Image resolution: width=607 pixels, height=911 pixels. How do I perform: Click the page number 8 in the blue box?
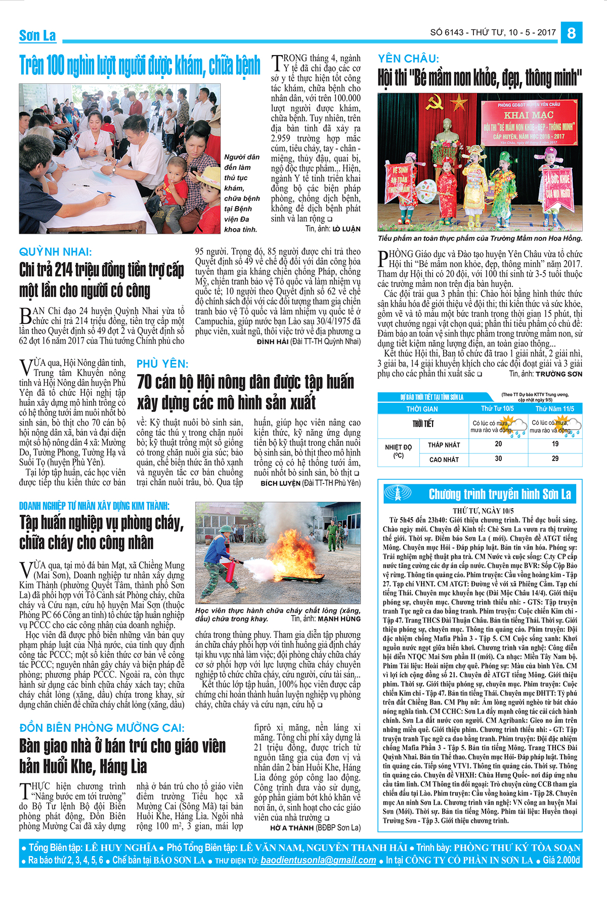tap(571, 33)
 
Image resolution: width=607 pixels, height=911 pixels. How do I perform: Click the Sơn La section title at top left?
tap(37, 35)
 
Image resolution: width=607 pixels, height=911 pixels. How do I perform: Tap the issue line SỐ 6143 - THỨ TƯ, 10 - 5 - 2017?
tap(493, 32)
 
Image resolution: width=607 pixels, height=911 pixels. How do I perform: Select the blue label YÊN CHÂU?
tap(409, 59)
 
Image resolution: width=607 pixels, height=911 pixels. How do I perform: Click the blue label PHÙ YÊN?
tap(162, 364)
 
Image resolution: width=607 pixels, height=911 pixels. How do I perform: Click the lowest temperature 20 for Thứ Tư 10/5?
tap(498, 444)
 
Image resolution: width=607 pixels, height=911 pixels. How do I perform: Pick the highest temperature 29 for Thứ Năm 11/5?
tap(555, 459)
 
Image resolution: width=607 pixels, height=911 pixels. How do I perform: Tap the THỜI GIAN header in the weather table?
tap(422, 409)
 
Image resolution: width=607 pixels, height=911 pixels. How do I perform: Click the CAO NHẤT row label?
tap(444, 460)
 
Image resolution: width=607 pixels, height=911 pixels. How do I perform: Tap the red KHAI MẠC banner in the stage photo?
tap(529, 122)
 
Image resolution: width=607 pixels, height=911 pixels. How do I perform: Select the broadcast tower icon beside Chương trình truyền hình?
tap(398, 493)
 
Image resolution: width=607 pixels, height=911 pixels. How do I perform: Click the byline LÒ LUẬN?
tap(346, 229)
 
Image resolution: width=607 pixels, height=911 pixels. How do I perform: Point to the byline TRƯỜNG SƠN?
tap(559, 374)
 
